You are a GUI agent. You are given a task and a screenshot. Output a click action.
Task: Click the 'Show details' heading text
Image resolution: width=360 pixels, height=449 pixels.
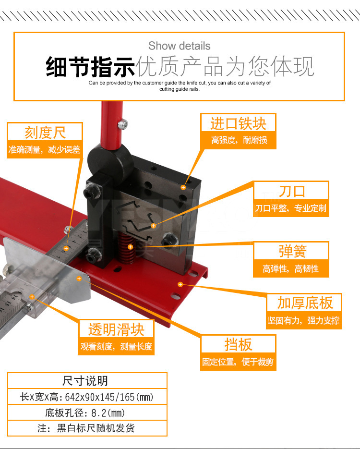coord(179,46)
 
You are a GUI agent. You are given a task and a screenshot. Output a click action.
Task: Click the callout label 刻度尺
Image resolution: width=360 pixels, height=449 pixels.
coord(45,133)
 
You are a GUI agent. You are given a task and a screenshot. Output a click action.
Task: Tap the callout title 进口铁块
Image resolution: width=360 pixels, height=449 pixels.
coord(239,123)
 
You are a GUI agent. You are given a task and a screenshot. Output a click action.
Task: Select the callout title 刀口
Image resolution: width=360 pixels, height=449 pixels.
coord(292,191)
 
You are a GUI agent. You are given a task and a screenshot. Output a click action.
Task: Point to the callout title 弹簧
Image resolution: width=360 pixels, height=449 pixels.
coord(292,252)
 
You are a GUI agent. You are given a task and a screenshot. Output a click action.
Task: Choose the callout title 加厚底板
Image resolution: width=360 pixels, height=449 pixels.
coord(305,303)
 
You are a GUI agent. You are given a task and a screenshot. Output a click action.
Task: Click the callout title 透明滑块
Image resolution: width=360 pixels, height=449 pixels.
coord(117,329)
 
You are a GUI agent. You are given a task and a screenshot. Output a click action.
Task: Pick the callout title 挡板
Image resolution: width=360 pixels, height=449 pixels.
coord(238,344)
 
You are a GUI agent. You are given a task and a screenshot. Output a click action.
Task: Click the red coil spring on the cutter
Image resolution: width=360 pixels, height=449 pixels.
coord(126,247)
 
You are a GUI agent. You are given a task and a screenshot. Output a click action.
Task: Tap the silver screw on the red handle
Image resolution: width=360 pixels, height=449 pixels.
coord(122,124)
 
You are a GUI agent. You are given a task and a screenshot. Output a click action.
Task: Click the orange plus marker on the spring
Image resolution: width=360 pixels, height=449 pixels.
coord(131,247)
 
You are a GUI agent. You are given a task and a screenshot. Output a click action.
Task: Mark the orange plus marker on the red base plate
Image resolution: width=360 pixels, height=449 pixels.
coord(180,284)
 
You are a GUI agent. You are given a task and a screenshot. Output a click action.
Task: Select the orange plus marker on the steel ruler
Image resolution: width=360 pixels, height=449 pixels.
coord(66,248)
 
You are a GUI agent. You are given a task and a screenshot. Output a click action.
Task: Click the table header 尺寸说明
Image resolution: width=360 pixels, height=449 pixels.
coord(85,381)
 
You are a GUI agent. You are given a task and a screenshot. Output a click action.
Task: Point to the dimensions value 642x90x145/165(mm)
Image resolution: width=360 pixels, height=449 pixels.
coord(109,397)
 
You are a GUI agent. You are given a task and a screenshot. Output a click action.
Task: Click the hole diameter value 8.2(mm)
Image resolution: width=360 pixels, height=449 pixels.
coord(108,413)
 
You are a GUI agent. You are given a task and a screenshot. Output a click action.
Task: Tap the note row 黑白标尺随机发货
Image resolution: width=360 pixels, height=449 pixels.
coord(96,428)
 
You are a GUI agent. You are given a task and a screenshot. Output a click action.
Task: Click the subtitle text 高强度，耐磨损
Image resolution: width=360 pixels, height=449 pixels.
coord(239,140)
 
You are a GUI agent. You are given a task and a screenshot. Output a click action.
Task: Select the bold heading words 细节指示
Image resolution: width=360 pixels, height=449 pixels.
coord(90,67)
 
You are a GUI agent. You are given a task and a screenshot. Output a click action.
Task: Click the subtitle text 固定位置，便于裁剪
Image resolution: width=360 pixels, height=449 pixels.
coord(238,362)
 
